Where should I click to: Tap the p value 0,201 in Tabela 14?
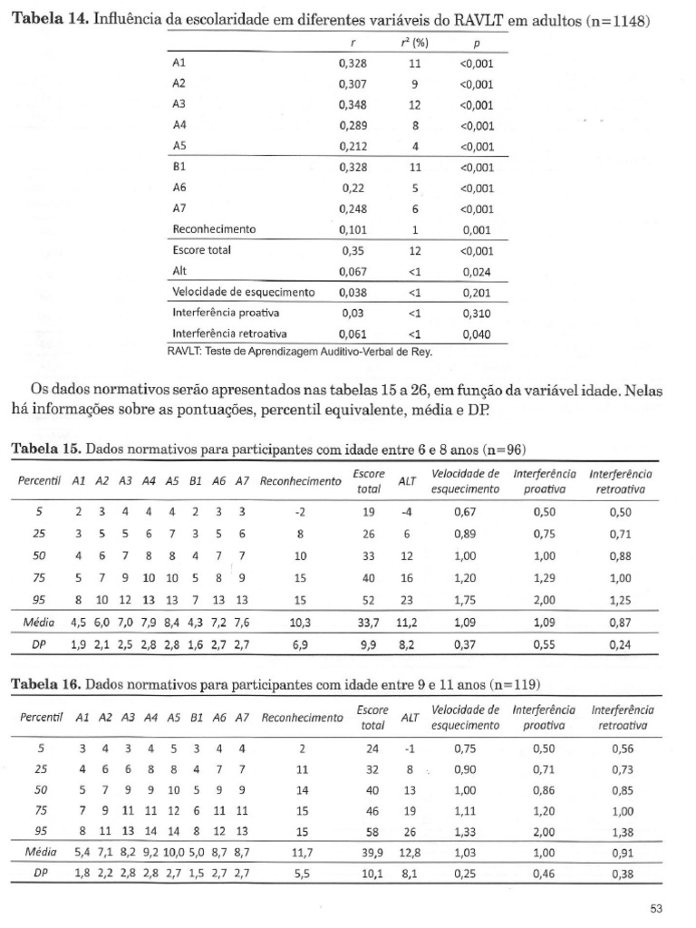(x=476, y=293)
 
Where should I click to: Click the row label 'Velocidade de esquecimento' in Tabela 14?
(x=243, y=293)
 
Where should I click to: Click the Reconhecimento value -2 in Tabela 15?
(x=300, y=510)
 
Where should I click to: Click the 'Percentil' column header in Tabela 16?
(x=39, y=718)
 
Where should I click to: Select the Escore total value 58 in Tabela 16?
(x=372, y=831)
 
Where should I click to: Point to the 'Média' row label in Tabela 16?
(x=39, y=854)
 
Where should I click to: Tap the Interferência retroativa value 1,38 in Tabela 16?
(x=622, y=831)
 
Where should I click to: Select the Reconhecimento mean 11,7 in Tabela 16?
(x=302, y=854)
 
